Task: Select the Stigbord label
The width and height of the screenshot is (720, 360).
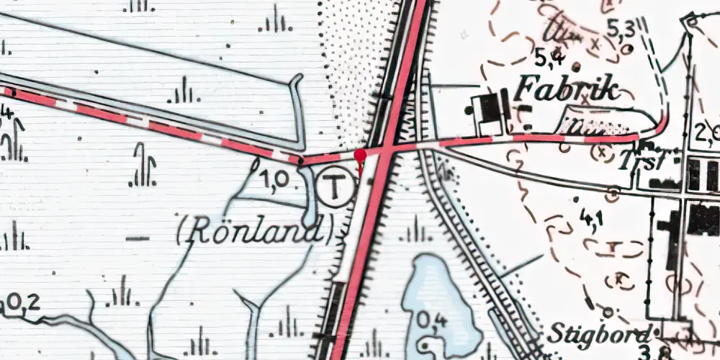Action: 601,333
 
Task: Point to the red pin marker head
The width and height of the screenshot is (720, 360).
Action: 361,154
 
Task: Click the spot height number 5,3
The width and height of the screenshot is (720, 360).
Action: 620,29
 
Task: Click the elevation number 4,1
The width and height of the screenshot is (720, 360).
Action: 593,217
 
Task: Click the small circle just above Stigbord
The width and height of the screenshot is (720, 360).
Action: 608,312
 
